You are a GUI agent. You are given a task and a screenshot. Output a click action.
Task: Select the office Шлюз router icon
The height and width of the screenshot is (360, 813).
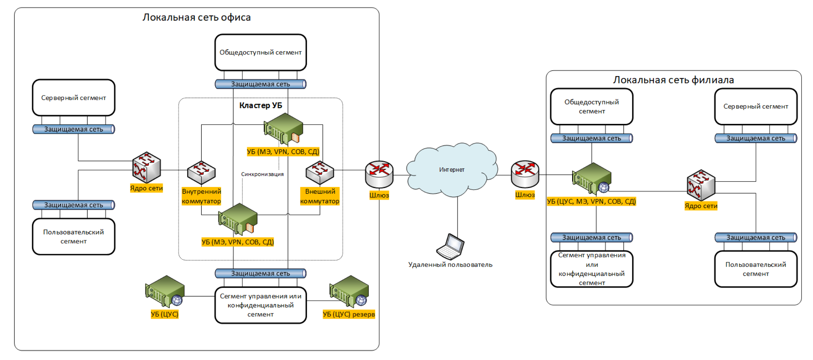(379, 174)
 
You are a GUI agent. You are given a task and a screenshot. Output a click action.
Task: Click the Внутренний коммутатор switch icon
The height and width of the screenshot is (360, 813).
(201, 173)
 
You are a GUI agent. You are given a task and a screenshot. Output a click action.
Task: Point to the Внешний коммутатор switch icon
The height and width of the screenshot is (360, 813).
(320, 173)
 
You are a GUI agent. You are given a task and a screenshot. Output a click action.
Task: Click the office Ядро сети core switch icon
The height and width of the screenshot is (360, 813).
(146, 167)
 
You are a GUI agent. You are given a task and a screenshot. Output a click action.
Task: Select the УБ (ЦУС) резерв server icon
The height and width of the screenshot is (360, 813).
(349, 291)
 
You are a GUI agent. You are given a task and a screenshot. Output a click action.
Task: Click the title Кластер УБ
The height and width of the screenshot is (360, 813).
(260, 105)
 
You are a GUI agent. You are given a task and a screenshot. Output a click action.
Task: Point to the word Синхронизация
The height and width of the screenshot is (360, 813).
(262, 174)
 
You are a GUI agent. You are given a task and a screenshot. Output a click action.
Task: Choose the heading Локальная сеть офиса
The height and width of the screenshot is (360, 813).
(196, 17)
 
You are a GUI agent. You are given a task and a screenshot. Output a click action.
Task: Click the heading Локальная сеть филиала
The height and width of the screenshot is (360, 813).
(673, 80)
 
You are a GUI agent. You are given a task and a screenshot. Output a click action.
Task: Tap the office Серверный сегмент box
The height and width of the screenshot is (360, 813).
(73, 98)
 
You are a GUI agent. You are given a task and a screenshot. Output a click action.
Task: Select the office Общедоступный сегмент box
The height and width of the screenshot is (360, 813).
(260, 52)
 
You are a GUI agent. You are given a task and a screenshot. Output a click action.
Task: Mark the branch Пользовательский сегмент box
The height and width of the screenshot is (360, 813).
(755, 269)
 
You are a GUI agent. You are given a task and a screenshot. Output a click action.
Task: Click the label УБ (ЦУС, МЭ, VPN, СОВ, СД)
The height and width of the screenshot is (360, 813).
(591, 202)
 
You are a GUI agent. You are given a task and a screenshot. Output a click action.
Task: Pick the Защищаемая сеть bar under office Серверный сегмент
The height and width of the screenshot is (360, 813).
(73, 129)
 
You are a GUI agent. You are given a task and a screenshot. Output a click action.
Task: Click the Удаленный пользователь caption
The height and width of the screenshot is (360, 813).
(450, 265)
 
